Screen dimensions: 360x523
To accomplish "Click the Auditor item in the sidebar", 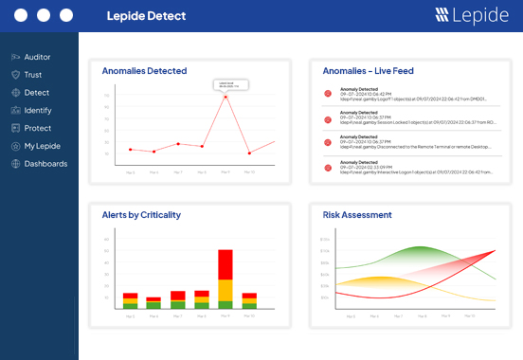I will [x=37, y=57].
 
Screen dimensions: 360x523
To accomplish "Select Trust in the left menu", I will [x=32, y=75].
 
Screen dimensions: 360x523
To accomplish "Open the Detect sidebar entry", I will [x=36, y=93].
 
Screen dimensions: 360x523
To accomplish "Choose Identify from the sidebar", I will [x=38, y=110].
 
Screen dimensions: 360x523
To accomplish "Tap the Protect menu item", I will [x=37, y=128].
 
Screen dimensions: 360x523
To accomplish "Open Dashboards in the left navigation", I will [x=45, y=164].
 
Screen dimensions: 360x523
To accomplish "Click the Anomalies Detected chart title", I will [x=144, y=71].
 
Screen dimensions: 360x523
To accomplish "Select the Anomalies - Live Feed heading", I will [x=368, y=71].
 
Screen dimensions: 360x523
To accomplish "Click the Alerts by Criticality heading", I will [x=141, y=215].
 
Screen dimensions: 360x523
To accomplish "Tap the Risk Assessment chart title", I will [x=357, y=215].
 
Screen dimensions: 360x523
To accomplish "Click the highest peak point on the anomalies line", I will [x=225, y=97].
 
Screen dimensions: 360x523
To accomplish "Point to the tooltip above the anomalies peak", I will [x=230, y=84].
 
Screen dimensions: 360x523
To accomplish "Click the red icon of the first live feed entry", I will [x=329, y=94].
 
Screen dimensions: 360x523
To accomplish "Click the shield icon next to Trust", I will [x=15, y=75].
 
